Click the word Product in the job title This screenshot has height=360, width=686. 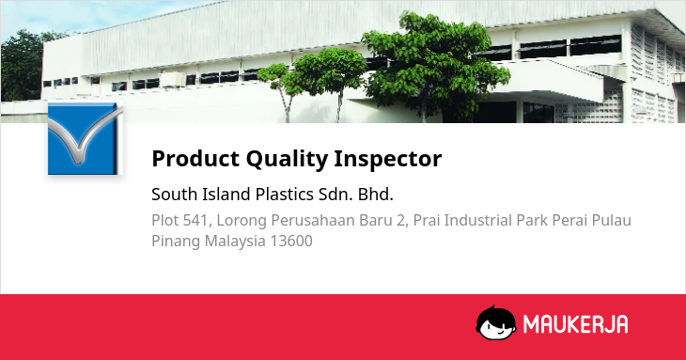(x=195, y=158)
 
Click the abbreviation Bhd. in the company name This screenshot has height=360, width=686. (x=375, y=195)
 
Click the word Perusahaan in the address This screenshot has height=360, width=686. (x=313, y=221)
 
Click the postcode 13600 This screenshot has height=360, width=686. (x=291, y=241)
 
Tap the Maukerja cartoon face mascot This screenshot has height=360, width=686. (x=495, y=322)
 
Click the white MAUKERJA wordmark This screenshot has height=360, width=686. (x=576, y=324)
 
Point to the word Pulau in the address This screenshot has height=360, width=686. (x=612, y=221)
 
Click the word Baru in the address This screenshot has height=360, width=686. (x=378, y=221)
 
